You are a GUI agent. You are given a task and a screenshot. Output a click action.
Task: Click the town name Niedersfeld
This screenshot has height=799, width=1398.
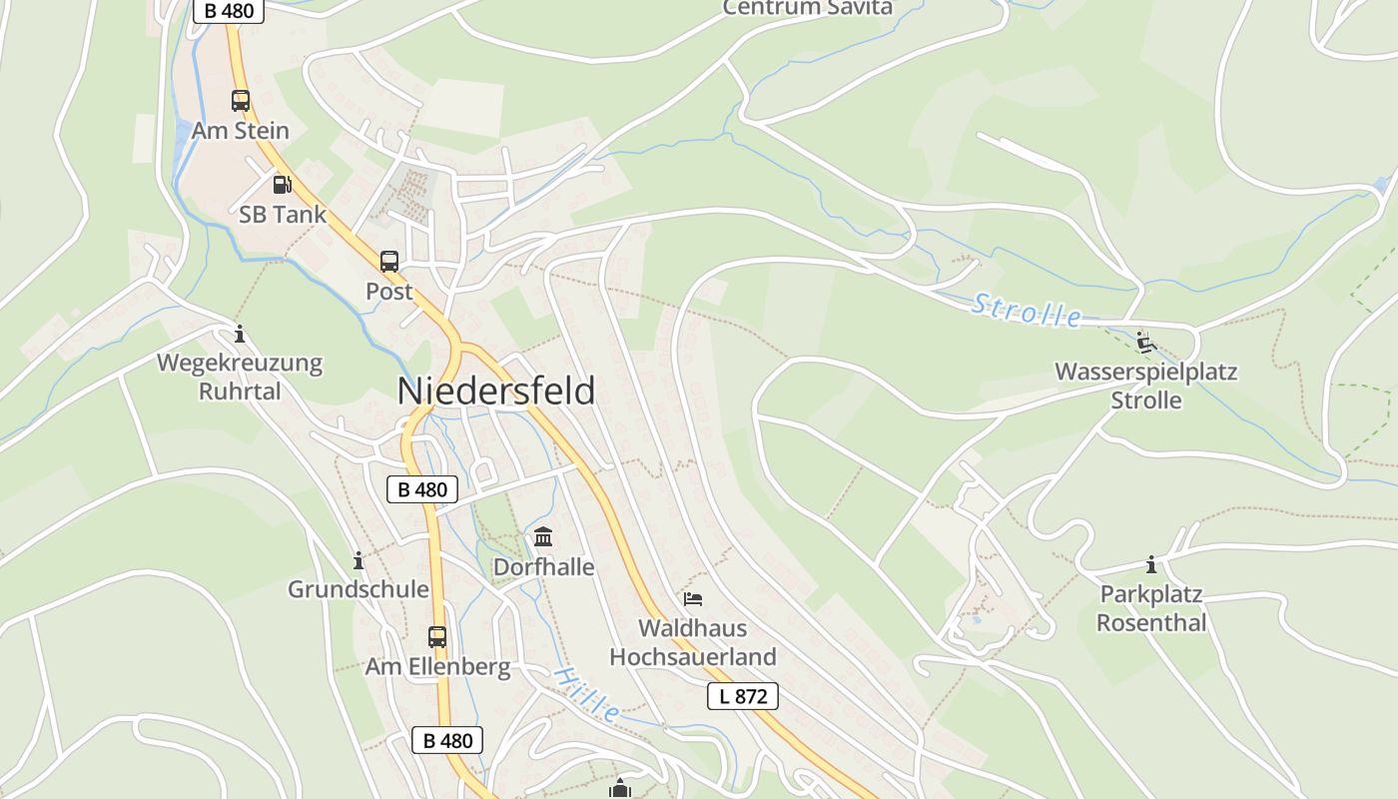pos(496,391)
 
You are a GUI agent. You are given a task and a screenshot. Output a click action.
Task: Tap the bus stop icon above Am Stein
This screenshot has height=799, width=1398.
pos(241,101)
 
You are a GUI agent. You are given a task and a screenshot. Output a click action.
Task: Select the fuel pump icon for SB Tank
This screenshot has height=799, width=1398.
pos(283,185)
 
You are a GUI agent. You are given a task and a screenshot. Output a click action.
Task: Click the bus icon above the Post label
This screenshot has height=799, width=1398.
pos(389,262)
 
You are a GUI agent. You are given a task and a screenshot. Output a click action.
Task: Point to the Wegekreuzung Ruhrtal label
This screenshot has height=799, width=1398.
pos(240,377)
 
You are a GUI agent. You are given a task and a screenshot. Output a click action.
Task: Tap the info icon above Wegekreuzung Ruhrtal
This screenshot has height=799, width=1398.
pos(239,334)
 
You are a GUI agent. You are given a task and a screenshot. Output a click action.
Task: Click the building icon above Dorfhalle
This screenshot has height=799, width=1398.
pos(543,538)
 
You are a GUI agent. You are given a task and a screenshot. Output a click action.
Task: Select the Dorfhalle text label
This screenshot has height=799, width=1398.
pos(543,567)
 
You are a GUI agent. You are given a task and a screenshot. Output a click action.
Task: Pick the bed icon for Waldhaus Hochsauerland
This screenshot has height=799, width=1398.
pos(693,599)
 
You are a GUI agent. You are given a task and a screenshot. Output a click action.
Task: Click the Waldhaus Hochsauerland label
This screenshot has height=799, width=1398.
pos(693,642)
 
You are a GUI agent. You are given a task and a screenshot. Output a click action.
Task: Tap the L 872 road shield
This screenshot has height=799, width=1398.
pos(742,696)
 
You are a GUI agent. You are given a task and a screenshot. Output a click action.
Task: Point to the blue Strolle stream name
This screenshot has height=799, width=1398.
pos(1026,312)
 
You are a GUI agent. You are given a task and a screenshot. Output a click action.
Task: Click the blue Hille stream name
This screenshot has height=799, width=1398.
pos(586,694)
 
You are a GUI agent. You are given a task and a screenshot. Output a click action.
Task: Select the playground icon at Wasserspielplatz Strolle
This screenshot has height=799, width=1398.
pos(1145,344)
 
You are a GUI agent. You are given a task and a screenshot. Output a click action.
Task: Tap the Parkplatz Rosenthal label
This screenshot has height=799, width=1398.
pos(1151,608)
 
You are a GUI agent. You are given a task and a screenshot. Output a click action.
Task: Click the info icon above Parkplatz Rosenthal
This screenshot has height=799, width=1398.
pos(1151,565)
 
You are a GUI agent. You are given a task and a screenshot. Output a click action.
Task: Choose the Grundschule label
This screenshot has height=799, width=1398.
pos(358,589)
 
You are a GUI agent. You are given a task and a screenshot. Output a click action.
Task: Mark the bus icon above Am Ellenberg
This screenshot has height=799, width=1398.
pos(437,637)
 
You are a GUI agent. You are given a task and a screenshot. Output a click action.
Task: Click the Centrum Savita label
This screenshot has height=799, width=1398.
pos(807,8)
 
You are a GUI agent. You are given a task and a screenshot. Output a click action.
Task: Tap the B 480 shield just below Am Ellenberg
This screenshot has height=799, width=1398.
pos(447,740)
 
